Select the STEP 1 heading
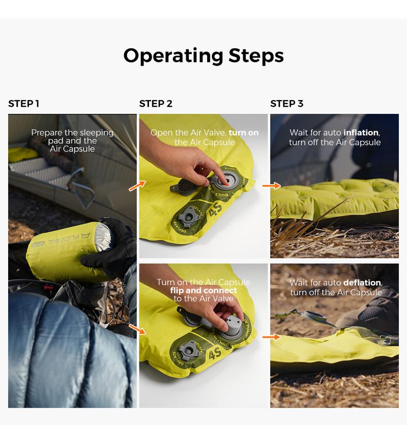[23, 104]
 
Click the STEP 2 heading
[156, 104]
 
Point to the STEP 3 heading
[286, 104]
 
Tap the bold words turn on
[244, 133]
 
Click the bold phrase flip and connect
[203, 291]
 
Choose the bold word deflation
[362, 283]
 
